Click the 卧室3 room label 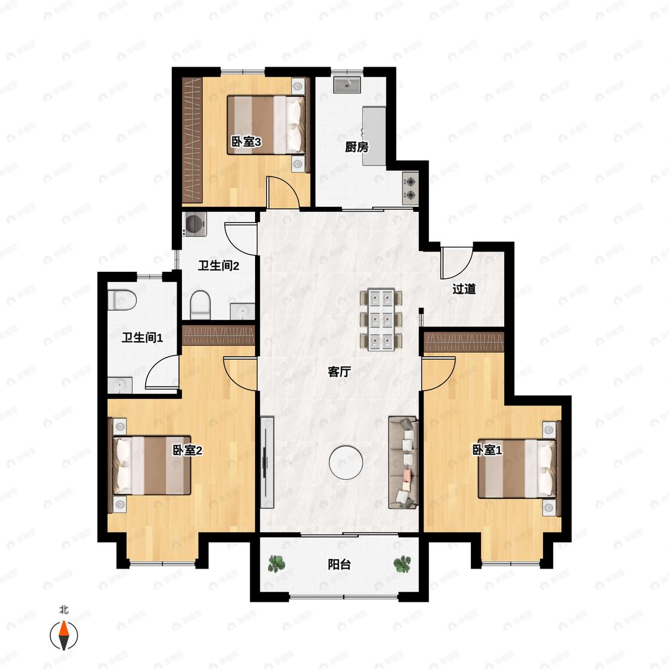[x=246, y=141]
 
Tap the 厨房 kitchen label [x=357, y=147]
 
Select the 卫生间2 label [x=218, y=266]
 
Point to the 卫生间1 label [x=142, y=338]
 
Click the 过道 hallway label [x=464, y=289]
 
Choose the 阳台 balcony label [x=339, y=564]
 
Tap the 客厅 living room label [x=339, y=372]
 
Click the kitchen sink [x=347, y=84]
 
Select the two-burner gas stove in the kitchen [x=410, y=188]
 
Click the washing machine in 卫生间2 [x=194, y=224]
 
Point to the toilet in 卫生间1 [x=121, y=300]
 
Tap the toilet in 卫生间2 [x=200, y=304]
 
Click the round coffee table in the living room [x=346, y=462]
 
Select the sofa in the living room [x=403, y=463]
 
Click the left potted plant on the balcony [x=277, y=564]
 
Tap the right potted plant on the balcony [x=402, y=564]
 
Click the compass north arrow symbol [x=64, y=635]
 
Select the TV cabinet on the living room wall [x=267, y=462]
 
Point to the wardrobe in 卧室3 [x=191, y=140]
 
